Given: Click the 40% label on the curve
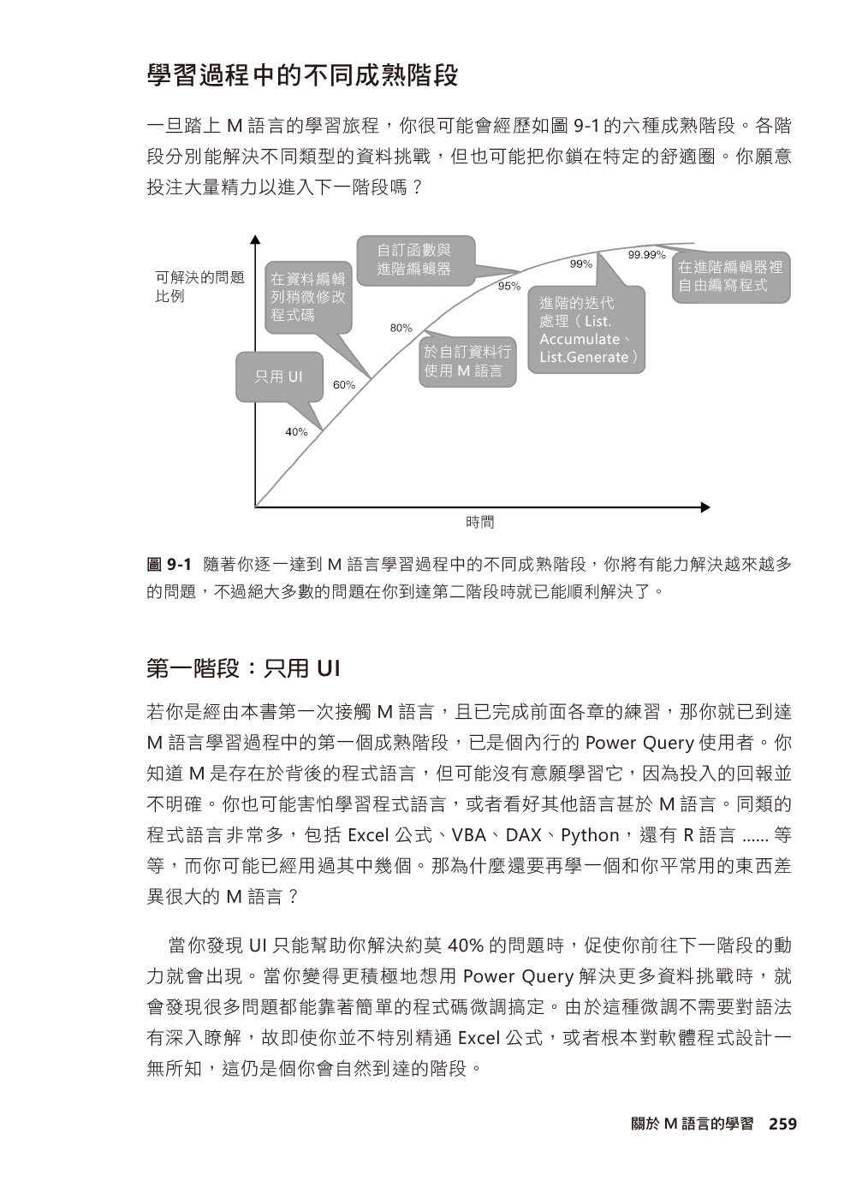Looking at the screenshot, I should (x=296, y=432).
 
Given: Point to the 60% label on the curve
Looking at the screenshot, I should (x=344, y=385).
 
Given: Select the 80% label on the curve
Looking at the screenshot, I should (x=401, y=328).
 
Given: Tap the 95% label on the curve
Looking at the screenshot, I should (x=509, y=286).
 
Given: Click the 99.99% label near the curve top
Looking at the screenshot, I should (x=646, y=255).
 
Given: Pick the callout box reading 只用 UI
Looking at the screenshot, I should (x=279, y=376).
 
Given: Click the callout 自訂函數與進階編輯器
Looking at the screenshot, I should (x=414, y=258).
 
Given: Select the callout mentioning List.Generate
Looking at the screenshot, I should (x=586, y=330).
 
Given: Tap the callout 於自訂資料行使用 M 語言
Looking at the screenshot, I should (x=467, y=361).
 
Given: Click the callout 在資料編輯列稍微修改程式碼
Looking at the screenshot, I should (x=309, y=297).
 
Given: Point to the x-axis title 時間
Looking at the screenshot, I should (x=480, y=522).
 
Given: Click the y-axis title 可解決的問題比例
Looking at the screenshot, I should (x=199, y=287).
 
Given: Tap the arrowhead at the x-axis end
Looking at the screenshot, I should (x=706, y=507).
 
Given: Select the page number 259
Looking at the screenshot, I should (x=782, y=1124).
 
